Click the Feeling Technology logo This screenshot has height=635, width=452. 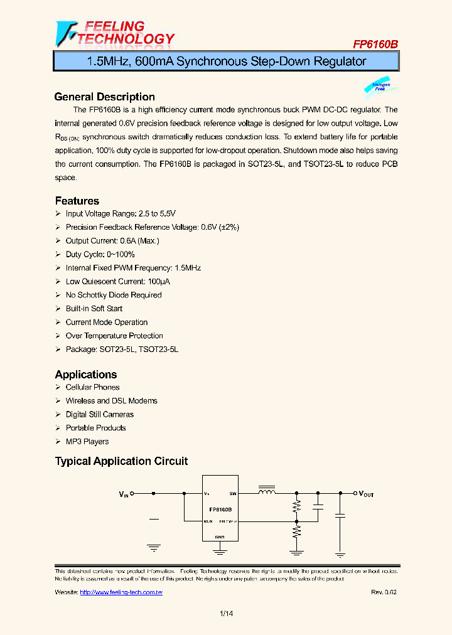pyautogui.click(x=115, y=33)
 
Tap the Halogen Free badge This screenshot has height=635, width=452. pyautogui.click(x=380, y=87)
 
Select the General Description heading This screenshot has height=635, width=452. pyautogui.click(x=104, y=97)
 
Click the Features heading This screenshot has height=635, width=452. pyautogui.click(x=77, y=201)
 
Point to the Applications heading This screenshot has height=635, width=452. pyautogui.click(x=85, y=374)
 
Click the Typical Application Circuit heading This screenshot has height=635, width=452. pyautogui.click(x=121, y=461)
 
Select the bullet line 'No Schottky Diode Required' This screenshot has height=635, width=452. pyautogui.click(x=114, y=295)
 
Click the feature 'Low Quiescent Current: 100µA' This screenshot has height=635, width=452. pyautogui.click(x=117, y=282)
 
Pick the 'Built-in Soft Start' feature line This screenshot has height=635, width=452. pyautogui.click(x=94, y=309)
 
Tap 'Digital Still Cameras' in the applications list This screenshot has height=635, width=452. pyautogui.click(x=99, y=414)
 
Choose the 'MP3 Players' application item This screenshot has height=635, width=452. pyautogui.click(x=87, y=442)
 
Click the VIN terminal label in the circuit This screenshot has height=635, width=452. pyautogui.click(x=124, y=494)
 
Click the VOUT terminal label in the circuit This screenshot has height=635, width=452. pyautogui.click(x=366, y=494)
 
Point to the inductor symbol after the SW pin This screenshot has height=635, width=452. pyautogui.click(x=267, y=492)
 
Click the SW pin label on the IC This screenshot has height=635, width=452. pyautogui.click(x=232, y=494)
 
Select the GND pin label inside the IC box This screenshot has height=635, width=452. pyautogui.click(x=220, y=537)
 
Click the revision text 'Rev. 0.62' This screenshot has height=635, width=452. pyautogui.click(x=384, y=592)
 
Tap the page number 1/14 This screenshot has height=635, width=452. pyautogui.click(x=226, y=614)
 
